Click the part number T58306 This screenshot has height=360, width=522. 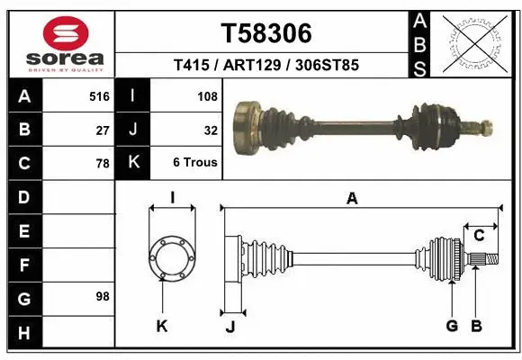click(266, 33)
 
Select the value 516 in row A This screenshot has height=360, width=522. click(99, 94)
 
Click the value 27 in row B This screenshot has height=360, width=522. click(103, 130)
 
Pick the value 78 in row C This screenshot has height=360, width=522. click(103, 164)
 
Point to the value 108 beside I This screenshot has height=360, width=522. click(207, 94)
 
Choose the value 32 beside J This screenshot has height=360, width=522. click(211, 130)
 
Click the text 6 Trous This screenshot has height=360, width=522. click(195, 163)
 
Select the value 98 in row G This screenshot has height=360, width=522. click(103, 296)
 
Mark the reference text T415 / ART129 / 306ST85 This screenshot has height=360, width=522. click(266, 65)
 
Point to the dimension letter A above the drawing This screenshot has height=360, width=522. click(353, 199)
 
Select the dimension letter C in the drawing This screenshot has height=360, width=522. click(479, 236)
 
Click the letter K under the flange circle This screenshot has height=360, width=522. click(162, 326)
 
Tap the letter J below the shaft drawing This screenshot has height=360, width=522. click(230, 327)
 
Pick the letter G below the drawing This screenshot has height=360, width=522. click(452, 326)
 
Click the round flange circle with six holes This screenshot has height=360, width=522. click(171, 257)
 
